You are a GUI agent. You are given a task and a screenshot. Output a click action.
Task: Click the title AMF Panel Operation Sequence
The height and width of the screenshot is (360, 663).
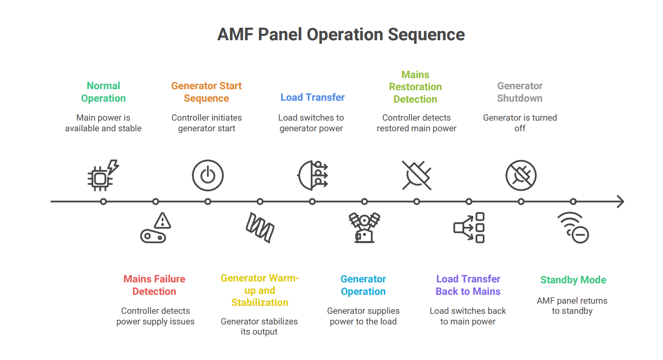tap(341, 35)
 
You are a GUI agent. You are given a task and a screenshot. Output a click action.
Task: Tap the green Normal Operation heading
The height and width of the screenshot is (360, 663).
tap(104, 92)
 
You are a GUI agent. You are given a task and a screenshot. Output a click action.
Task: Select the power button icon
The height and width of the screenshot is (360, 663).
tap(208, 176)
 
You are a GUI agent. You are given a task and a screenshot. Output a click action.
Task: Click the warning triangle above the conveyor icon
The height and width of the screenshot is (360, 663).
tap(162, 220)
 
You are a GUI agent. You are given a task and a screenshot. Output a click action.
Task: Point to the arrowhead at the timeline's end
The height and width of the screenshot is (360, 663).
tap(620, 201)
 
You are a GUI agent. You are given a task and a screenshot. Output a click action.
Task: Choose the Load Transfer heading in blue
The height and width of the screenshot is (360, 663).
tap(313, 98)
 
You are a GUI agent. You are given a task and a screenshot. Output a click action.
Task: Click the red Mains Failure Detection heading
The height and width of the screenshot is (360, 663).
tap(154, 285)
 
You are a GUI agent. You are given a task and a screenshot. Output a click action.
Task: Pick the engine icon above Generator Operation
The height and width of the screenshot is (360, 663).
tap(364, 227)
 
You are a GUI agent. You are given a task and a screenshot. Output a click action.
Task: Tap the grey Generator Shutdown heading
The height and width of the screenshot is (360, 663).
tap(520, 92)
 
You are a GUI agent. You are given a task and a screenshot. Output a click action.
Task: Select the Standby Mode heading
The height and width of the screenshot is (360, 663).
tap(573, 280)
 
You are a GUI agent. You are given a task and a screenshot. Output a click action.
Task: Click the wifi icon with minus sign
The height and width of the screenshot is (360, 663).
tap(573, 227)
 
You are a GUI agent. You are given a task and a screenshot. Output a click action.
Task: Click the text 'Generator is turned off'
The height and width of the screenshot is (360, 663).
tap(520, 123)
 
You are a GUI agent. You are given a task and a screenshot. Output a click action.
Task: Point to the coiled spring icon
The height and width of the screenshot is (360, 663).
tap(260, 227)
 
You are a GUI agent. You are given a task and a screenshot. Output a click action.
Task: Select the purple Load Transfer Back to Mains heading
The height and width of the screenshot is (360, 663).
tap(468, 285)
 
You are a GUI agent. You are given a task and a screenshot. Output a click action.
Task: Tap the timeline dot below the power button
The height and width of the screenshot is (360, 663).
tap(208, 201)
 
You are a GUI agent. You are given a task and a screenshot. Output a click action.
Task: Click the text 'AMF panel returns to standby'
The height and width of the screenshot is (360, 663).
tap(572, 306)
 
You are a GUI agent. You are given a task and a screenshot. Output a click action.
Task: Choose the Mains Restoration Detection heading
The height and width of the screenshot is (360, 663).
tap(415, 87)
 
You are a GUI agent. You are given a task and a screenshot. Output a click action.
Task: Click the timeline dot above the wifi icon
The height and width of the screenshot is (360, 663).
tap(573, 201)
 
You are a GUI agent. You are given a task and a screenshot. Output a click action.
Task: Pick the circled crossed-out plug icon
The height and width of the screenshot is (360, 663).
tap(521, 176)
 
